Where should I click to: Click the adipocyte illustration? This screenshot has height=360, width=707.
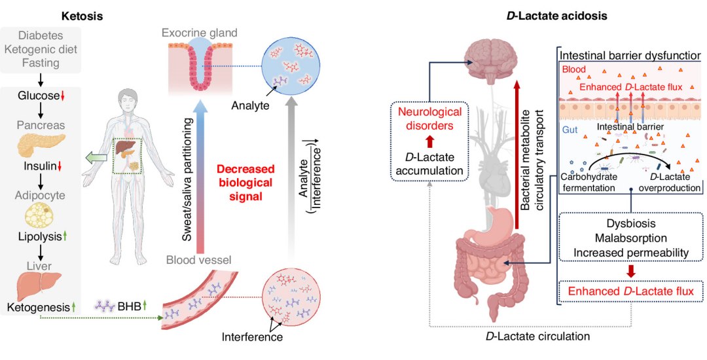pyautogui.click(x=41, y=213)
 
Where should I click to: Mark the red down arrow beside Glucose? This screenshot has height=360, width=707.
pyautogui.click(x=63, y=97)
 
